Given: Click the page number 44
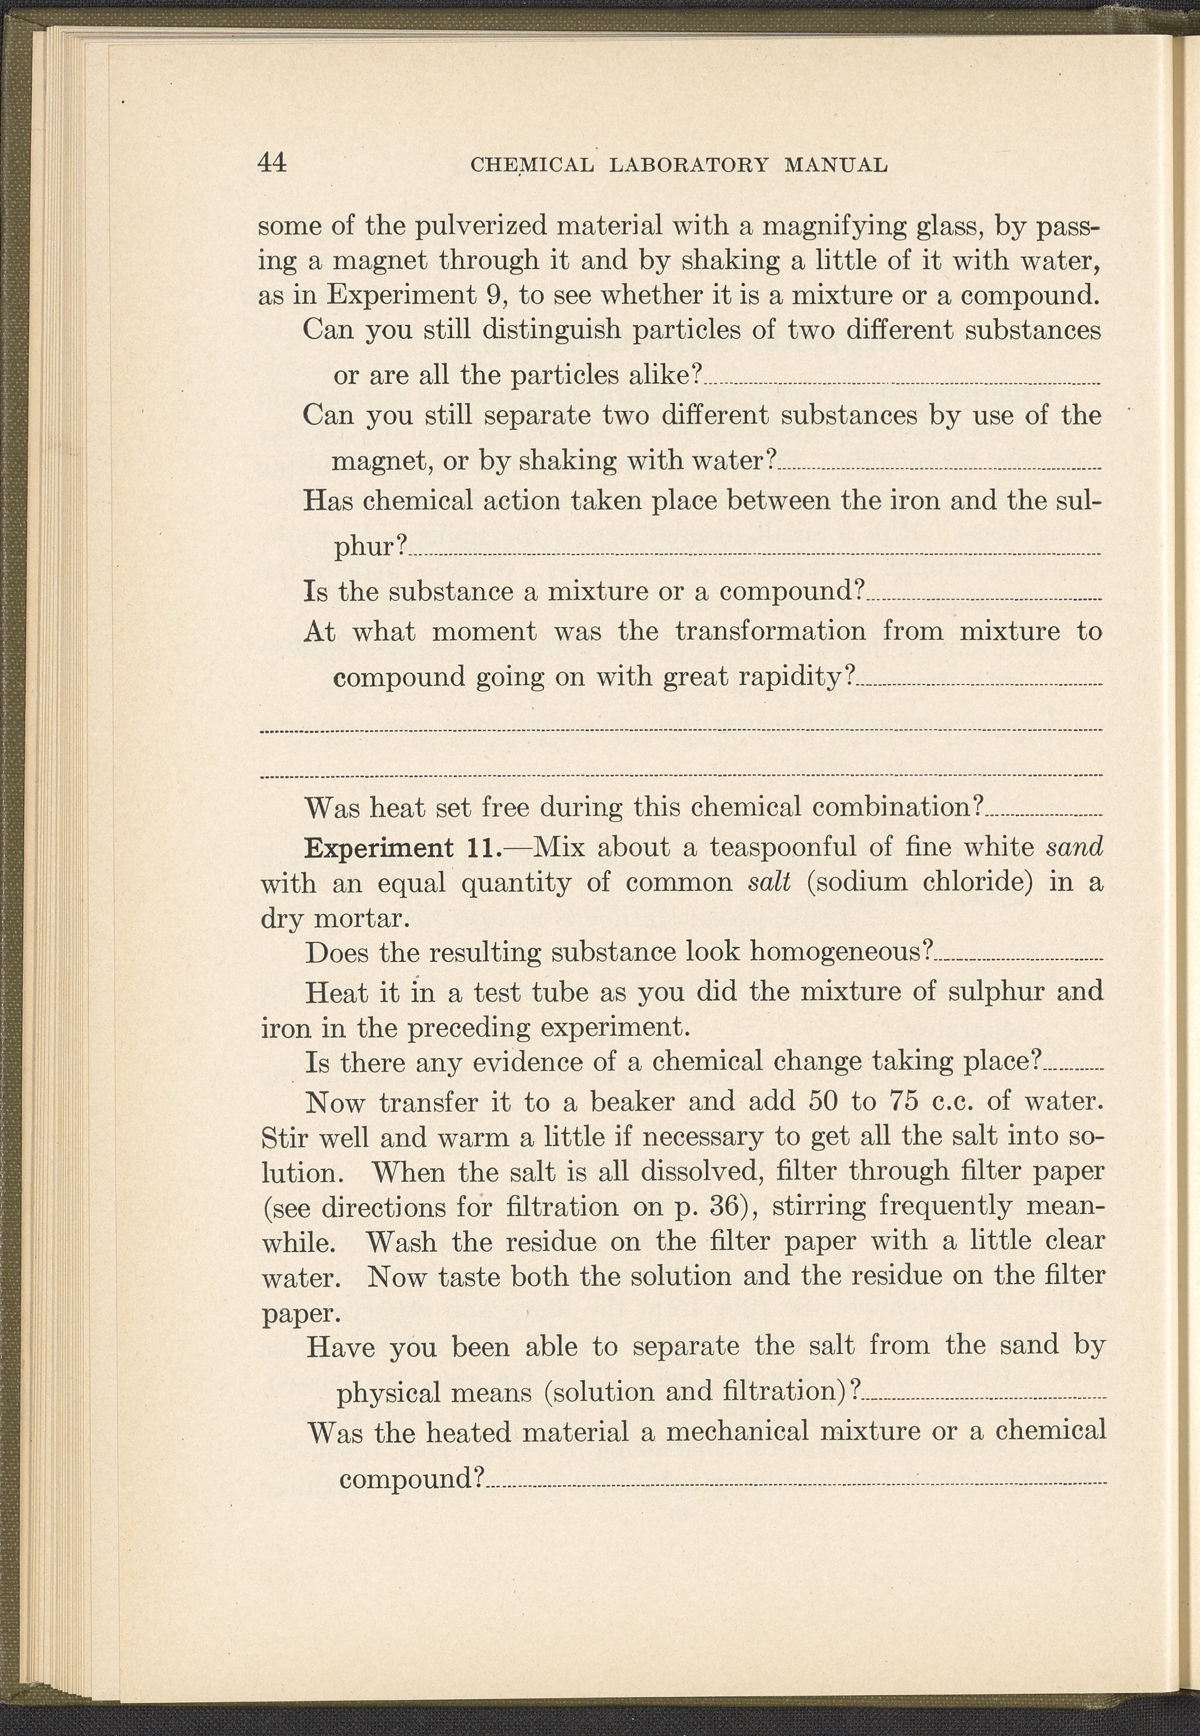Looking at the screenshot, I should (x=271, y=162).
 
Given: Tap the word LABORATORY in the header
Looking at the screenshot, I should (x=689, y=165).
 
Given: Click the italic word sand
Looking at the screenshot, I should (x=1075, y=847).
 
